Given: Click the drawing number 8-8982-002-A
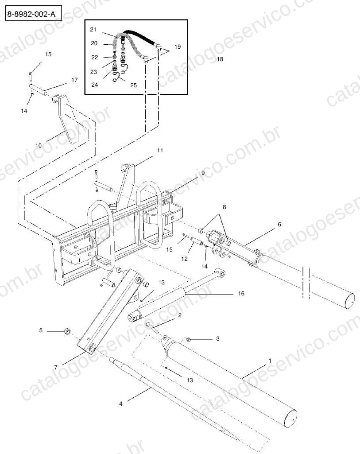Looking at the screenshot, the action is click(31, 14).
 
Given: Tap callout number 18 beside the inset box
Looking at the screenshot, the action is click(220, 59).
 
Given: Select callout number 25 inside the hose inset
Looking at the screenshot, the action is click(133, 85).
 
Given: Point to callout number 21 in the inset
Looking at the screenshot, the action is click(93, 29).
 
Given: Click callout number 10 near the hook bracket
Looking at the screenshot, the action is click(39, 145).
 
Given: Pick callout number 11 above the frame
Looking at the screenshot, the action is click(160, 150).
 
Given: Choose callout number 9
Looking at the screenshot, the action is click(203, 173).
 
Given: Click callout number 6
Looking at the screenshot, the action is click(279, 224).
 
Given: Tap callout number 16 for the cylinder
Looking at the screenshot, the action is click(241, 293).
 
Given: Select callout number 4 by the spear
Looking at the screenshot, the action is click(121, 404).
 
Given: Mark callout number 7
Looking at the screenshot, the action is click(56, 368).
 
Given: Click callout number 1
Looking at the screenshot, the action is click(270, 361).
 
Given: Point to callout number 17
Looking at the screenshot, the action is click(74, 80).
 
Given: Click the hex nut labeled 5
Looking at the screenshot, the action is click(67, 331).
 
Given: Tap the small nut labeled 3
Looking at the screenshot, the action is click(188, 339).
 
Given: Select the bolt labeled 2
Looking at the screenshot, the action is click(152, 328).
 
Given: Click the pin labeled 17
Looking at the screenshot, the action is click(38, 89).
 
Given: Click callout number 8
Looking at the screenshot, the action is click(224, 207).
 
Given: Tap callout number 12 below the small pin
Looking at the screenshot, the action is click(184, 259).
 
